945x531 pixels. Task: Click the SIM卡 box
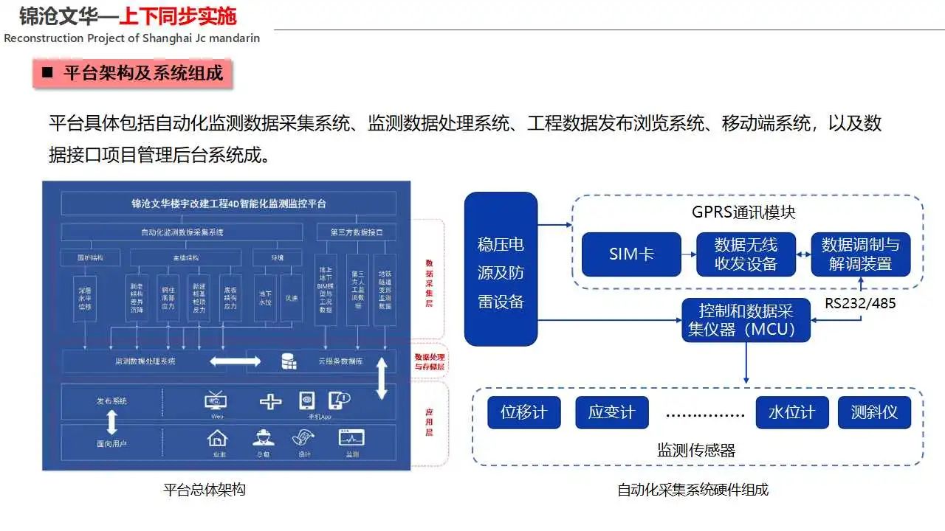point(631,254)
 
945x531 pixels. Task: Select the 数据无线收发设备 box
point(746,254)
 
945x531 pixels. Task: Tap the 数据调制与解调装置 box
point(860,254)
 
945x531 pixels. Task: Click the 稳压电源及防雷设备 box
point(501,269)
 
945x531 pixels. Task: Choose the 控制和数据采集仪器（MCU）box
point(746,320)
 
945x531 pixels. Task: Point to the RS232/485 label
point(860,302)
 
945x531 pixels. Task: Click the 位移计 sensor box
point(523,412)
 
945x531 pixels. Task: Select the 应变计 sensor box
point(611,412)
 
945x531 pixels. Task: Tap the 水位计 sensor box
point(791,412)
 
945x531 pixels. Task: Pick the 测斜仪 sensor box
point(874,412)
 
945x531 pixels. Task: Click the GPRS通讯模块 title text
point(743,212)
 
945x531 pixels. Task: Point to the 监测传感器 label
point(696,450)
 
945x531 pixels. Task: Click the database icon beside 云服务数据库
point(289,361)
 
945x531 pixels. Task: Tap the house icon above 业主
point(217,437)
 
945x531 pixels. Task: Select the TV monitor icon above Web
point(216,400)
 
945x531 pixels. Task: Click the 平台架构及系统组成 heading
point(142,74)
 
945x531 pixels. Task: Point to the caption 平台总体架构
point(204,490)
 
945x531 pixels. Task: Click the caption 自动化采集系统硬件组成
point(693,490)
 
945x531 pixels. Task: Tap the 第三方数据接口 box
point(357,232)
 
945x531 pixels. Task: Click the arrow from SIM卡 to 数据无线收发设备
point(689,254)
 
